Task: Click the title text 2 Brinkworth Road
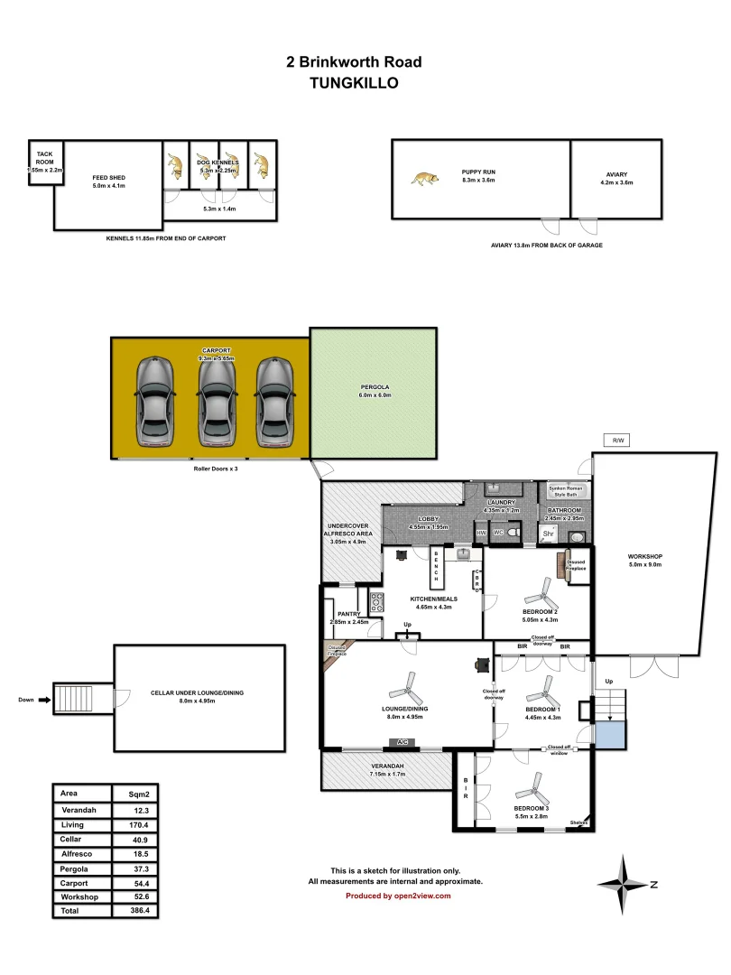[x=353, y=62]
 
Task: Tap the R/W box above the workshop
[x=618, y=441]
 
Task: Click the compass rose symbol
[x=622, y=884]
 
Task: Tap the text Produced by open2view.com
[x=397, y=896]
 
